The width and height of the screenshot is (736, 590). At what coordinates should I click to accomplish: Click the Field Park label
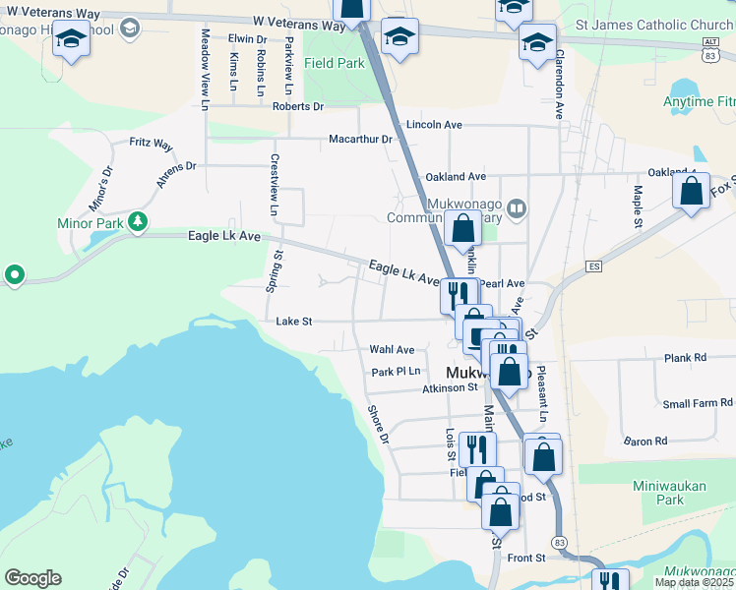(335, 63)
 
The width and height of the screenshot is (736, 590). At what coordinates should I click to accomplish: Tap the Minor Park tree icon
(140, 221)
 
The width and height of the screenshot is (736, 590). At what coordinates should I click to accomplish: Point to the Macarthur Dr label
(360, 139)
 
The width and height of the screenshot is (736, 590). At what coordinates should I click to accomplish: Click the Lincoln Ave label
(434, 125)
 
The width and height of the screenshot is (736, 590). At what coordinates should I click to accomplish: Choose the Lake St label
(294, 321)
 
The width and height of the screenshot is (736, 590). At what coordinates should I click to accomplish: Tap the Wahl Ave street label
(392, 349)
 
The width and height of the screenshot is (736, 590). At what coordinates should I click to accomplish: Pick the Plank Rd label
(685, 358)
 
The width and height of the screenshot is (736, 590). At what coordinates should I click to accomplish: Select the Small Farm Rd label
(698, 403)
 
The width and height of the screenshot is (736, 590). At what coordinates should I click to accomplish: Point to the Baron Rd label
(645, 441)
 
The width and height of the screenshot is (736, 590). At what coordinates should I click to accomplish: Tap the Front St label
(526, 558)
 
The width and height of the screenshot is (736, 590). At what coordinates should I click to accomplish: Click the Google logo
(32, 577)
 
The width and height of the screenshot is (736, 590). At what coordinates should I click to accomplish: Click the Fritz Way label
(151, 143)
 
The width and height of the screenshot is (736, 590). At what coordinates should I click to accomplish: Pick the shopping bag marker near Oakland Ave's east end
(691, 191)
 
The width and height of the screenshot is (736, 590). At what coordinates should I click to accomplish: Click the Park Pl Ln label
(396, 371)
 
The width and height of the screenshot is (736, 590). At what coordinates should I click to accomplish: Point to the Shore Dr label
(379, 424)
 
